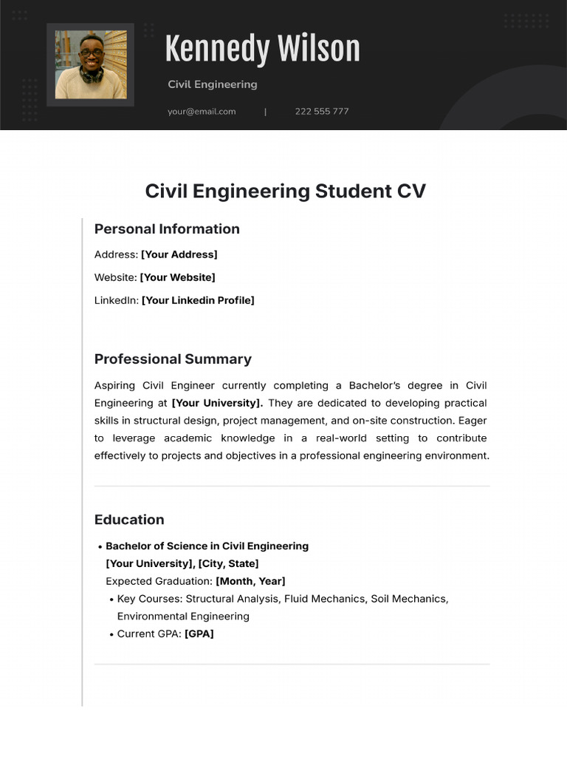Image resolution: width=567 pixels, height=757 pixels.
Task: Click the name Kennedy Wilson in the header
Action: pyautogui.click(x=262, y=50)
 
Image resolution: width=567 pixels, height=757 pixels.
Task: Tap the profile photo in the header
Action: pyautogui.click(x=91, y=65)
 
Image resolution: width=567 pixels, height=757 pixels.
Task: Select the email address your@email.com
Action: pyautogui.click(x=202, y=112)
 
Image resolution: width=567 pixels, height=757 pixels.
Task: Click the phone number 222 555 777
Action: pyautogui.click(x=322, y=112)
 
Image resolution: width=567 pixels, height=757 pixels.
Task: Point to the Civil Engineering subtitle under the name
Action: pyautogui.click(x=213, y=84)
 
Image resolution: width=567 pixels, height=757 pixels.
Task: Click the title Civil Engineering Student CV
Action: pyautogui.click(x=285, y=191)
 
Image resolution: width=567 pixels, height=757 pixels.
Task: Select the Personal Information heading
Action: pyautogui.click(x=167, y=229)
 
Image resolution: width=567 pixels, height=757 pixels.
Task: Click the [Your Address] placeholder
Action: pyautogui.click(x=179, y=254)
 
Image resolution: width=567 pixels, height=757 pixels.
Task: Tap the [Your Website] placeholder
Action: pyautogui.click(x=178, y=277)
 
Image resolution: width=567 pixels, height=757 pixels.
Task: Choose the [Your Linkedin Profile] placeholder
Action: pyautogui.click(x=198, y=300)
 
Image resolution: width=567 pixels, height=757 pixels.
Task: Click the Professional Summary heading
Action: pyautogui.click(x=173, y=359)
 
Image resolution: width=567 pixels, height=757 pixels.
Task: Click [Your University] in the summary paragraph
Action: pyautogui.click(x=217, y=403)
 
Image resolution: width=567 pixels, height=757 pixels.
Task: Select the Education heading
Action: pyautogui.click(x=129, y=520)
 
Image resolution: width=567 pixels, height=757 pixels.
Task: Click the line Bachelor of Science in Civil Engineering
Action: pyautogui.click(x=207, y=546)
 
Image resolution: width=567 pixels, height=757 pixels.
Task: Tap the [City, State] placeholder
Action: pyautogui.click(x=229, y=563)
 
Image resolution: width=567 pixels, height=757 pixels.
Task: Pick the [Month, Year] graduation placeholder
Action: pyautogui.click(x=250, y=581)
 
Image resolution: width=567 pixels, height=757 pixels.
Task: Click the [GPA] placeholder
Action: pyautogui.click(x=199, y=634)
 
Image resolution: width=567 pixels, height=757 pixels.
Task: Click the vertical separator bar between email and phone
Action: pyautogui.click(x=266, y=112)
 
